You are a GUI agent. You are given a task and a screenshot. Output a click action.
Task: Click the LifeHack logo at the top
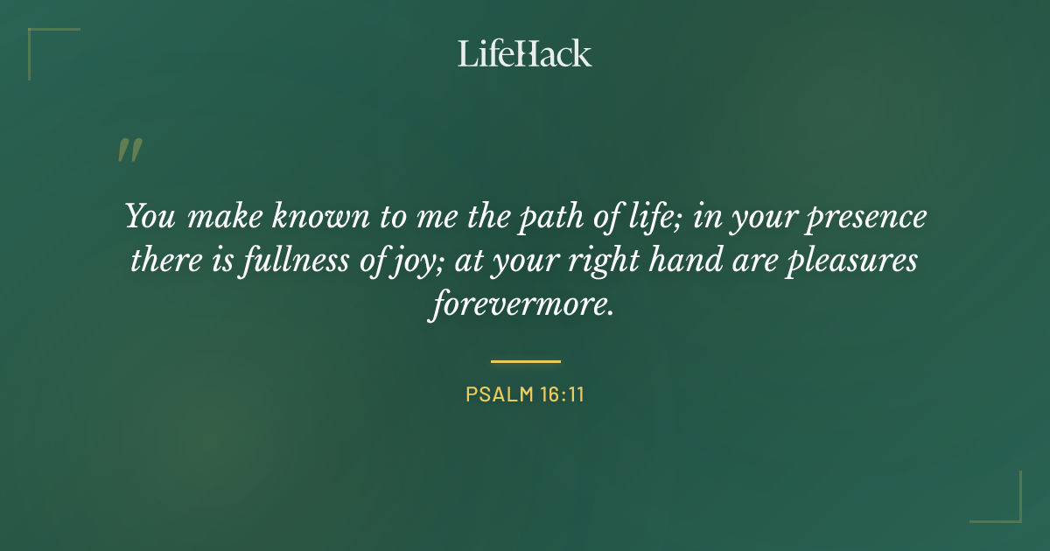[x=524, y=53]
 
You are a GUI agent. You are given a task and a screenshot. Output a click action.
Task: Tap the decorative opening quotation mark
[x=129, y=150]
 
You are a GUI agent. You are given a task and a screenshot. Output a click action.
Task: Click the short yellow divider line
[x=525, y=360]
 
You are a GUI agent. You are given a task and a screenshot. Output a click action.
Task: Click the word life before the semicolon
[x=651, y=216]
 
